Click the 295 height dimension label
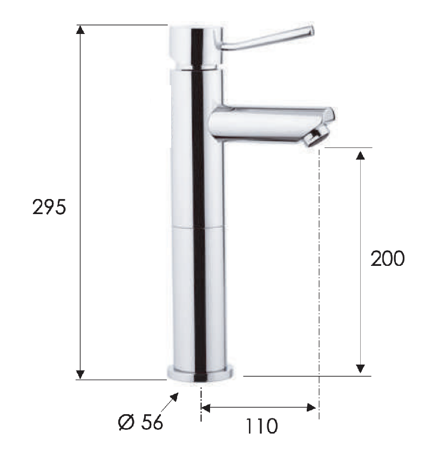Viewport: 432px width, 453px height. [x=49, y=207]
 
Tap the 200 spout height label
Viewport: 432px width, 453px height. [x=387, y=258]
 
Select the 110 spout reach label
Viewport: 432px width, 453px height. [x=261, y=426]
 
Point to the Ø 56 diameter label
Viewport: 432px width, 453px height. [x=140, y=422]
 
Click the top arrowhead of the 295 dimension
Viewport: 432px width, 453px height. [x=80, y=30]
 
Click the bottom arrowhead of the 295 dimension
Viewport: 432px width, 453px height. [x=80, y=374]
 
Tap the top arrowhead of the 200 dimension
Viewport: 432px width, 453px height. [x=360, y=155]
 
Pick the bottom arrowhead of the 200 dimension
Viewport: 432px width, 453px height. [x=360, y=369]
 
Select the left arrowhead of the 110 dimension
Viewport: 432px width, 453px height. [x=205, y=408]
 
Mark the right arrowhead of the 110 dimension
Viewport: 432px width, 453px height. [x=312, y=408]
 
